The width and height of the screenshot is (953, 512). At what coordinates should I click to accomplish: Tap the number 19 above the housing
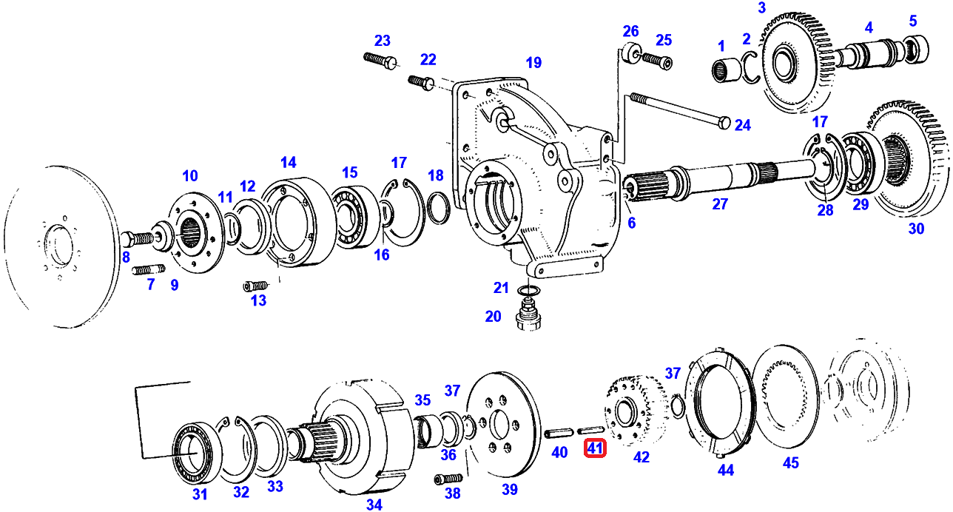coord(533,62)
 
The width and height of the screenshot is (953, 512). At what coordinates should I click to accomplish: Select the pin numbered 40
coord(557,431)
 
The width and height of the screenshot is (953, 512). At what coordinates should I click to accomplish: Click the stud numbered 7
coord(148,269)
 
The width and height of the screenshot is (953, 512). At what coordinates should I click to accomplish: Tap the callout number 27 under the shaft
coord(720,204)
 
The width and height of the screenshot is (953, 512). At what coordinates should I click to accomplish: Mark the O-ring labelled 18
coord(437,208)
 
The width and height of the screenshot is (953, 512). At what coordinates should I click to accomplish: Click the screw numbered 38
coord(448,478)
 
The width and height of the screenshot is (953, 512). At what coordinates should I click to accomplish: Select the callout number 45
coord(791,462)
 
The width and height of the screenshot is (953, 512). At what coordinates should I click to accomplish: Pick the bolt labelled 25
coord(656,59)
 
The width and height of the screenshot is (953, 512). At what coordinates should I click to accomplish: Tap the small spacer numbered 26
coord(630,54)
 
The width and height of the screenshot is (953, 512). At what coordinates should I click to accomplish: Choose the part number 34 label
coord(374,505)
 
